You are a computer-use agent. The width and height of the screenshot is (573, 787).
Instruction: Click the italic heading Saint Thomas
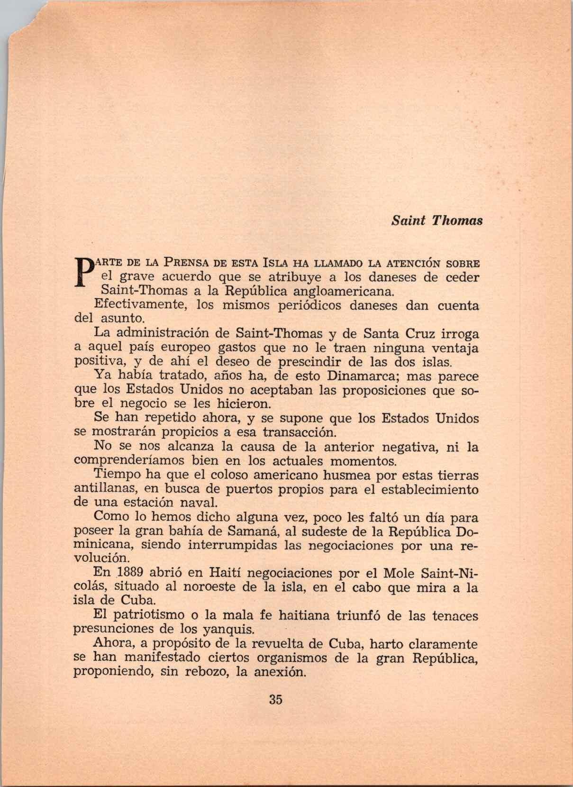pyautogui.click(x=437, y=220)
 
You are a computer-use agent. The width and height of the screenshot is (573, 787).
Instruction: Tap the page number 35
pyautogui.click(x=275, y=699)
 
